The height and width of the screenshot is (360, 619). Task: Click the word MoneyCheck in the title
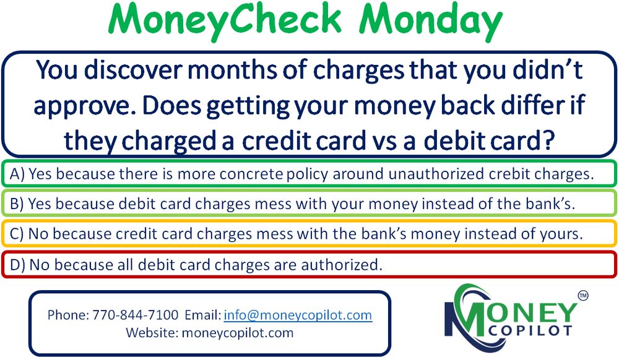(225, 20)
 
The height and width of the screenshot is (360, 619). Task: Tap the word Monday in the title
(430, 20)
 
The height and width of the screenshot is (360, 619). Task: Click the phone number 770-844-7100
(136, 315)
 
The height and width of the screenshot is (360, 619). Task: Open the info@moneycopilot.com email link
(298, 315)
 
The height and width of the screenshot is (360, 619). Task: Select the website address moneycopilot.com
(237, 333)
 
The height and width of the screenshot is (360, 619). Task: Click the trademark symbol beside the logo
(582, 295)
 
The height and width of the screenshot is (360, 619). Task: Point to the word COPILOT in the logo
(530, 330)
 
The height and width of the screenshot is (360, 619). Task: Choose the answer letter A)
(17, 174)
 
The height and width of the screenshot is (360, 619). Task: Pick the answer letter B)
(17, 204)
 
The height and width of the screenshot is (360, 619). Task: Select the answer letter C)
(17, 234)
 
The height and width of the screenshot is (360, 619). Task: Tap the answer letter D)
(17, 265)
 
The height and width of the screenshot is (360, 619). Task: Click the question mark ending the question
(548, 140)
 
